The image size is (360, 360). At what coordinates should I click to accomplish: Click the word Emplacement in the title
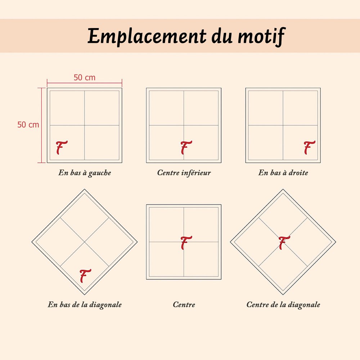pos(147,36)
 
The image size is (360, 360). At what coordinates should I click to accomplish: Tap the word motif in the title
pos(262,36)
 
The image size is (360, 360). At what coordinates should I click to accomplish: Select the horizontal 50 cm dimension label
pos(85,78)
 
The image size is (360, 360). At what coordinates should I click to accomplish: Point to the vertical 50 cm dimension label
pos(28,125)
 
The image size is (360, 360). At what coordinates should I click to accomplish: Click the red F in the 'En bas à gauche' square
pos(61,147)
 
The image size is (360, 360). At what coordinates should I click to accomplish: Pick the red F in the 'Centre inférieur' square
pos(186,147)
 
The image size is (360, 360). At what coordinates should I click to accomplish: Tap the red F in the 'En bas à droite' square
pos(309,147)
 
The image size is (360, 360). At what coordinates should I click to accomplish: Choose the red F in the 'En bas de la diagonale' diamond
pos(85,276)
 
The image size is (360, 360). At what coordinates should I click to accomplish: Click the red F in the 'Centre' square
pos(186,243)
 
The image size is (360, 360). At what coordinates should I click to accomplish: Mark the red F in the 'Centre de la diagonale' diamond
pos(284,243)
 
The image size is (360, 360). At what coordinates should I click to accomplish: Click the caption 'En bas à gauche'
pos(85,173)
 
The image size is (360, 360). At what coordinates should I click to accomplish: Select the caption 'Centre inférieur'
pos(184,173)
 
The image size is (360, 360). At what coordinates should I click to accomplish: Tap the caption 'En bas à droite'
pos(283,173)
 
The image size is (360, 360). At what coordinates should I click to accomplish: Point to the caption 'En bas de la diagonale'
pos(85,305)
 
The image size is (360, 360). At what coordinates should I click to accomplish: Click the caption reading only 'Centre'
pos(184,305)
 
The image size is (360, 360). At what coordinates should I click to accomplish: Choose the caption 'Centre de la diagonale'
pos(283,305)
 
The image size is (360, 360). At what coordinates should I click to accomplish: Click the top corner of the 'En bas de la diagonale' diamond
pos(85,189)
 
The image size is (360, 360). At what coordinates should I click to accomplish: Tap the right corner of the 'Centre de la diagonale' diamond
pos(336,242)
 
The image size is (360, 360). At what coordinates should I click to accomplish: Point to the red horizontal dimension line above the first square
pos(85,83)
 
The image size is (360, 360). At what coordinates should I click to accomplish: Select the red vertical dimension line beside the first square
pos(41,125)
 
